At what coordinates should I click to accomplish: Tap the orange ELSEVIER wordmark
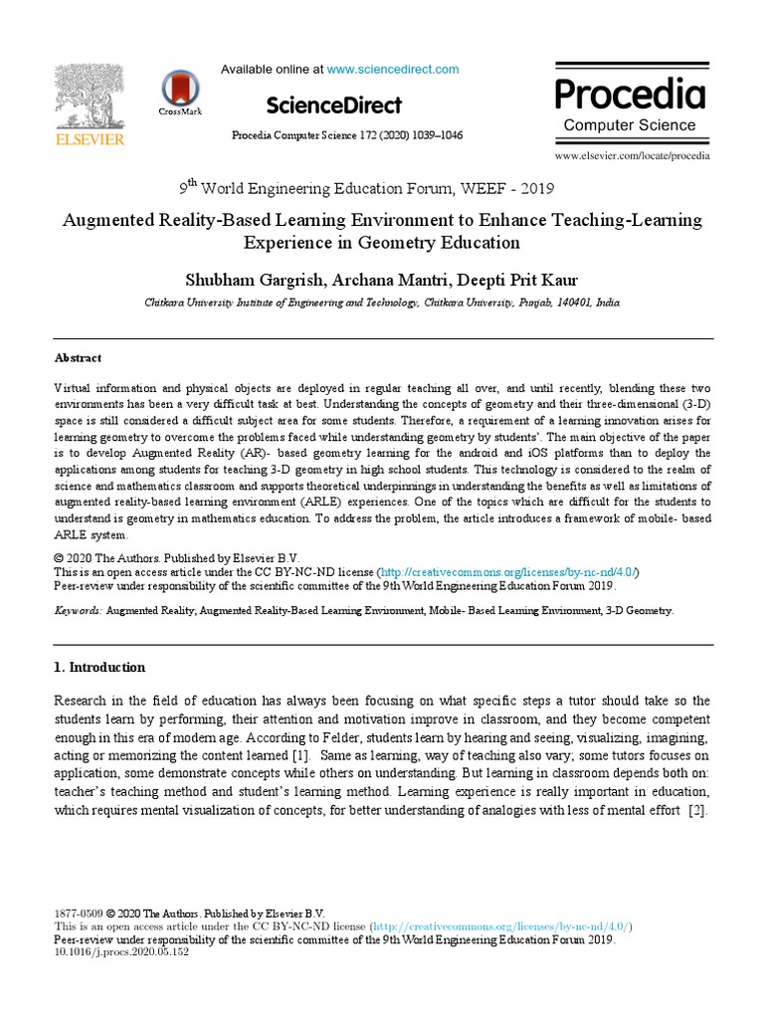90,140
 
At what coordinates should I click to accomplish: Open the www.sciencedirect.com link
393,70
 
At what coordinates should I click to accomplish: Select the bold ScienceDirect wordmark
334,105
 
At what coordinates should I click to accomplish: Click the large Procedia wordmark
630,96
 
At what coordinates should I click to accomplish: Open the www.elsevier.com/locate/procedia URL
632,156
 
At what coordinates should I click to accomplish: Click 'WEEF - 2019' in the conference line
509,188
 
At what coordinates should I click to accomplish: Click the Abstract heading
78,358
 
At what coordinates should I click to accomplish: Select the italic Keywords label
78,610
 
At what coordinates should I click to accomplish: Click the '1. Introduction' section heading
99,667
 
